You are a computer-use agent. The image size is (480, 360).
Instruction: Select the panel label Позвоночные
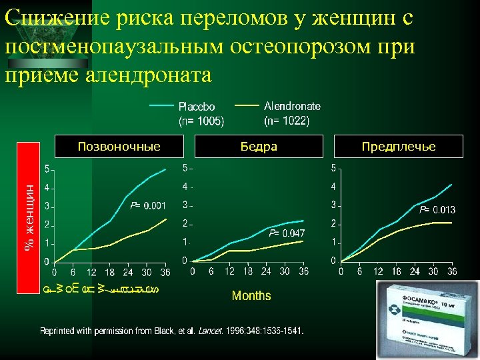click(x=119, y=146)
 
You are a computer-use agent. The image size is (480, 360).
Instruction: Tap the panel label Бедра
click(x=259, y=146)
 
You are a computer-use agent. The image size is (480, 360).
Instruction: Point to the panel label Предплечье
click(x=399, y=146)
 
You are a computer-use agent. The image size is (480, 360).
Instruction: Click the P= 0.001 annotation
click(x=147, y=205)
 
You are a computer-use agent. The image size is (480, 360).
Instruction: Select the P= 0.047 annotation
click(x=287, y=233)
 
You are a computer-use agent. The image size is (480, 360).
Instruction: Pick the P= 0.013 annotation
click(x=437, y=210)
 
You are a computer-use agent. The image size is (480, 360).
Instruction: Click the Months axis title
click(x=251, y=295)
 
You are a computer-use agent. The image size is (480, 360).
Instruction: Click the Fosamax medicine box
click(x=427, y=319)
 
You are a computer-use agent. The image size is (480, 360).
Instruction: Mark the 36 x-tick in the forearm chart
click(x=451, y=271)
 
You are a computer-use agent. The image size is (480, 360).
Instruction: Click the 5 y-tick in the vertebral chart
click(x=45, y=168)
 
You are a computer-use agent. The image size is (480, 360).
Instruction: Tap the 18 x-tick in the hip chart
click(x=248, y=271)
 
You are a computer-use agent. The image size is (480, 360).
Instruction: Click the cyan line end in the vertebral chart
click(x=166, y=169)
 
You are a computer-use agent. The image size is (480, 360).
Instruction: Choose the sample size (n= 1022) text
click(x=287, y=121)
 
